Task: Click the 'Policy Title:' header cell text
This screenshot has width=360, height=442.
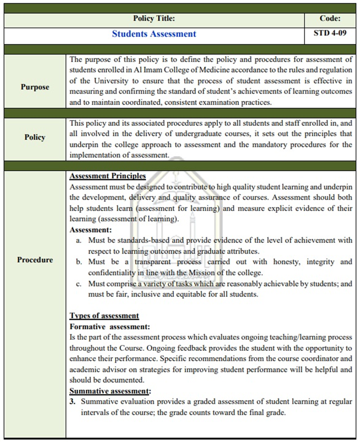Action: click(154, 18)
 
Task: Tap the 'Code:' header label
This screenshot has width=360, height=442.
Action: click(330, 18)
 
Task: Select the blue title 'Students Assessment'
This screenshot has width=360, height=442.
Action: click(154, 34)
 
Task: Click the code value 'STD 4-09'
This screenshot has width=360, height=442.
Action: click(330, 33)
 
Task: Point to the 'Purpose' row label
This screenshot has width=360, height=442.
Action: click(35, 87)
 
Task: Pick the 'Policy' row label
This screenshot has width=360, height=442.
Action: click(35, 137)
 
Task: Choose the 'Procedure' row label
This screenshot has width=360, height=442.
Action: click(35, 260)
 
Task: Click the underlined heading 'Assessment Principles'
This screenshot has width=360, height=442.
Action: click(108, 176)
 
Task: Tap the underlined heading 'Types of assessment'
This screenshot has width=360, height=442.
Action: click(105, 316)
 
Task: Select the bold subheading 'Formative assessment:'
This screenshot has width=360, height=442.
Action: click(110, 327)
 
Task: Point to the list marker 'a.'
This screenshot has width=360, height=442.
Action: click(79, 240)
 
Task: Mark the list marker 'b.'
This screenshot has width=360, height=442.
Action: click(79, 262)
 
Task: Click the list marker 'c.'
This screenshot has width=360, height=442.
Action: click(79, 284)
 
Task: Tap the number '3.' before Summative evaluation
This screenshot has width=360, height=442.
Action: click(73, 402)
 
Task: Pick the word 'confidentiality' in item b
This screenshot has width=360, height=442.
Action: click(111, 273)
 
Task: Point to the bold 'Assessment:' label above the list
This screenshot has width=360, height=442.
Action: click(91, 230)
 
